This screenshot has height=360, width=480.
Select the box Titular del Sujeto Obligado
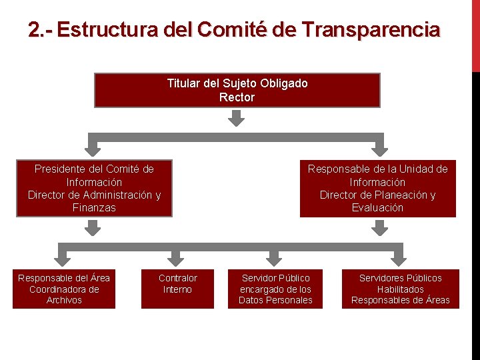[x=237, y=90]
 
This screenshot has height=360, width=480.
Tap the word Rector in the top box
[x=237, y=97]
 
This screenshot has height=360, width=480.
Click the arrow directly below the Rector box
[x=237, y=118]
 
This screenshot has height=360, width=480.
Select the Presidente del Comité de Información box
[x=94, y=188]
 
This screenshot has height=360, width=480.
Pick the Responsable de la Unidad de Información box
[x=377, y=188]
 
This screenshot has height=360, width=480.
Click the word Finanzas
[x=94, y=208]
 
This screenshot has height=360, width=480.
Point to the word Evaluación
[x=377, y=208]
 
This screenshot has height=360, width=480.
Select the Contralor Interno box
[x=177, y=289]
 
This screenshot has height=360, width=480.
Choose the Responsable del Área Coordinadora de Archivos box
[x=64, y=289]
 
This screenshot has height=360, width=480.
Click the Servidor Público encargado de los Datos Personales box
[x=275, y=289]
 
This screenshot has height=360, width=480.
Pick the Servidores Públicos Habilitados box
[x=400, y=289]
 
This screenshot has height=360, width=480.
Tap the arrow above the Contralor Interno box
[x=175, y=257]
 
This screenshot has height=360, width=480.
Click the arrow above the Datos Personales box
[x=275, y=257]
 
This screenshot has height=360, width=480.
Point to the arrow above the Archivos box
[x=64, y=257]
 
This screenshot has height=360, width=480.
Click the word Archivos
[x=64, y=301]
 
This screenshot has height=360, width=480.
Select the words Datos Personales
[x=275, y=301]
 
